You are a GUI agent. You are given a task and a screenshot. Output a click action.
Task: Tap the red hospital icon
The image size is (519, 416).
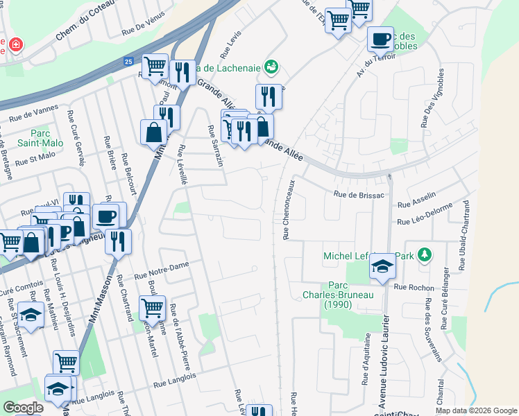[14, 46]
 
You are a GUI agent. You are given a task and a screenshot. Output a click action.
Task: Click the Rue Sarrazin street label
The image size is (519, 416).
[215, 146]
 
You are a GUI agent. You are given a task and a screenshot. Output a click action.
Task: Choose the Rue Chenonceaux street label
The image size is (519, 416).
[289, 209]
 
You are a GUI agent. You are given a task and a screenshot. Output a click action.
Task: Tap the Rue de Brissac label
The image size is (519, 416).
[359, 196]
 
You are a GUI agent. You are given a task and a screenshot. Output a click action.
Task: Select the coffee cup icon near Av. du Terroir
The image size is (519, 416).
[380, 40]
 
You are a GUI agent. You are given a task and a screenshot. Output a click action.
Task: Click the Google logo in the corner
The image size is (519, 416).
[23, 407]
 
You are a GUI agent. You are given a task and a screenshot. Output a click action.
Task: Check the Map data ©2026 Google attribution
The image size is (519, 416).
[475, 410]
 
